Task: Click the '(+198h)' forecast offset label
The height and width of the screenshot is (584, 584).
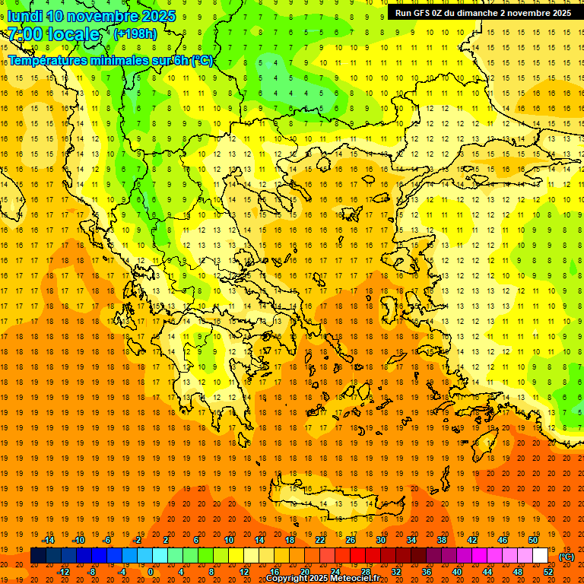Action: point(135,34)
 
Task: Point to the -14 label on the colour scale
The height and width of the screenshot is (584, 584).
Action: point(48,540)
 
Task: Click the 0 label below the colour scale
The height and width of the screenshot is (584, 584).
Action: point(151,571)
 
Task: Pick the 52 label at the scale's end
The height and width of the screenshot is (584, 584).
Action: point(547,571)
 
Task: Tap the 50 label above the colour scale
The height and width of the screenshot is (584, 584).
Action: point(532,540)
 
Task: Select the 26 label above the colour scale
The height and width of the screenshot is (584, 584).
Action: point(351,540)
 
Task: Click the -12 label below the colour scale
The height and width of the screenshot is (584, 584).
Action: point(63,571)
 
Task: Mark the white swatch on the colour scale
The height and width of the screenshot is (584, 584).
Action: point(540,556)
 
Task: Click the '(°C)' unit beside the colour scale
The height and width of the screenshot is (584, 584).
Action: point(567,556)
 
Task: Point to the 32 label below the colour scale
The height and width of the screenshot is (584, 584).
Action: point(395,571)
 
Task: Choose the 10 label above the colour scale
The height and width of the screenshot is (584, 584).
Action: point(228,540)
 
